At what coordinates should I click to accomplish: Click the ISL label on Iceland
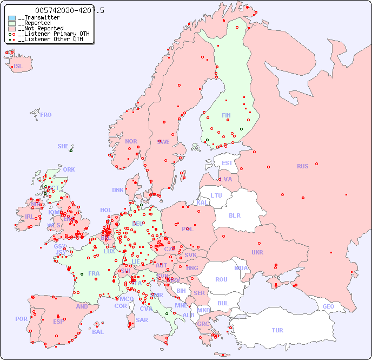click(x=18, y=67)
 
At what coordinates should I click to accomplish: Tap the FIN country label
click(x=226, y=115)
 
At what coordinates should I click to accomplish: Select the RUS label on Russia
click(x=302, y=166)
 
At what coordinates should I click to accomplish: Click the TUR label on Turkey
click(x=277, y=330)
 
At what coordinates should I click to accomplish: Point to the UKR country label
click(x=257, y=252)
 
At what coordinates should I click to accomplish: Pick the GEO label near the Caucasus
click(x=328, y=306)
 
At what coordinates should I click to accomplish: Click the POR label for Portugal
click(x=21, y=319)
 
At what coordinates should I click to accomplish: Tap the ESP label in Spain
click(x=58, y=322)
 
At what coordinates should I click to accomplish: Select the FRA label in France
click(x=94, y=273)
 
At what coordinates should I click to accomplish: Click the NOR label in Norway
click(x=131, y=141)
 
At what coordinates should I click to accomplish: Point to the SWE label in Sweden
click(x=163, y=142)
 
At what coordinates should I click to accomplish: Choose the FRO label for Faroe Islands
click(x=45, y=115)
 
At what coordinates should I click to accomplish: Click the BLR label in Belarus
click(x=234, y=215)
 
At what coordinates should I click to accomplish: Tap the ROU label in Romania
click(x=221, y=279)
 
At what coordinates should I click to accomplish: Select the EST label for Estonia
click(x=227, y=163)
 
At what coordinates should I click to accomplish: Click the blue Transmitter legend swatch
click(x=12, y=18)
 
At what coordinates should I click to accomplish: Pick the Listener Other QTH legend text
click(x=50, y=39)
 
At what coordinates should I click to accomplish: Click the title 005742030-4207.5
click(x=70, y=10)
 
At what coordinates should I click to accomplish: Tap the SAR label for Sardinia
click(x=142, y=320)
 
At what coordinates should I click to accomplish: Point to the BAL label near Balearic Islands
click(x=97, y=332)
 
